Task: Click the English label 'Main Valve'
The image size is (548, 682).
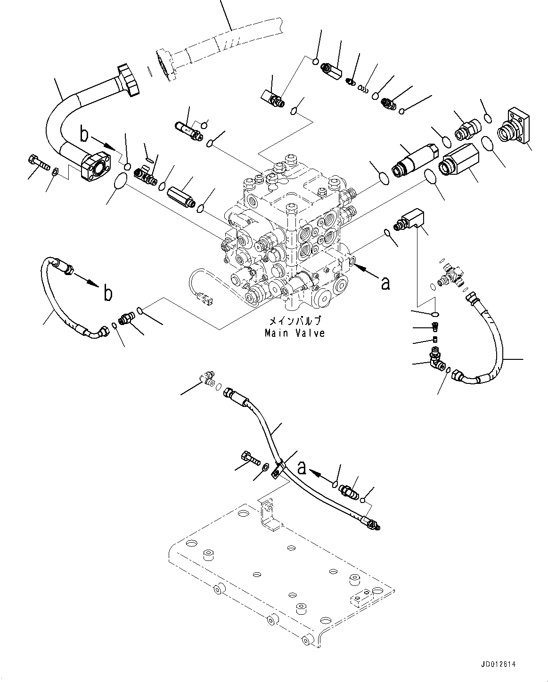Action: [294, 333]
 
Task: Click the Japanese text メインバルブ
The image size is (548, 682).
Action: [295, 321]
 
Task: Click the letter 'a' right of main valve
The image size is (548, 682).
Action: [386, 283]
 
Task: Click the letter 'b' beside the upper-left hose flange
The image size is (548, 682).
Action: [84, 135]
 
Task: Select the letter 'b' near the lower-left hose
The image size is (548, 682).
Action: [108, 293]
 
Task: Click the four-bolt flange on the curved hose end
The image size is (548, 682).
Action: [97, 165]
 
